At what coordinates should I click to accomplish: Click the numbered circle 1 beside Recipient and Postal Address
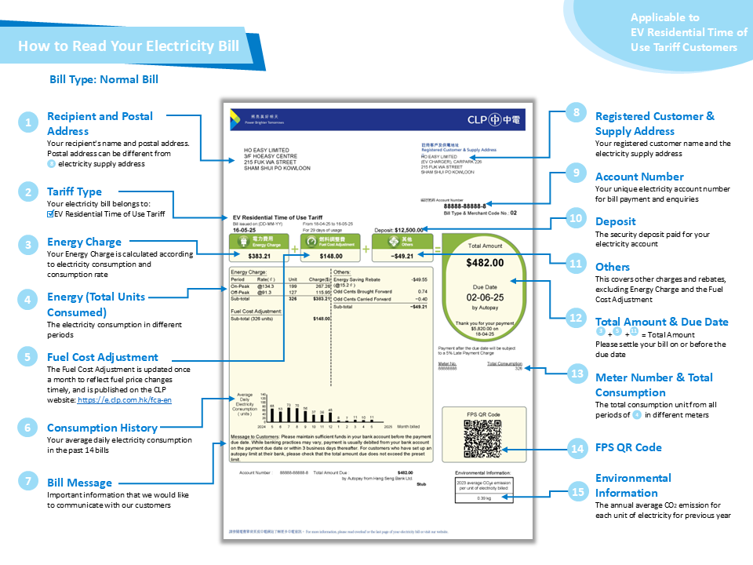tap(28, 122)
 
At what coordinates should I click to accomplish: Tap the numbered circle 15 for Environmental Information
tap(577, 491)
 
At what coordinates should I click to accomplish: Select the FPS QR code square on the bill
tap(482, 439)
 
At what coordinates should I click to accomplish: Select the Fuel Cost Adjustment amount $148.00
tap(330, 256)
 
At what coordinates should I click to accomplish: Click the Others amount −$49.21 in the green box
tap(402, 256)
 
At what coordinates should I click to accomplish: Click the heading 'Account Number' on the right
tap(638, 176)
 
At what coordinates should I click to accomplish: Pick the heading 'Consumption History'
tap(102, 428)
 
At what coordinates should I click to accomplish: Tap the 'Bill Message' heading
tap(79, 483)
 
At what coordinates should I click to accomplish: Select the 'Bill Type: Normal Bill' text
tap(104, 79)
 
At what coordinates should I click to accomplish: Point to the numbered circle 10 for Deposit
tap(577, 220)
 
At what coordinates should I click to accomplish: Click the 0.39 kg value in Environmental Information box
tap(484, 497)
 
